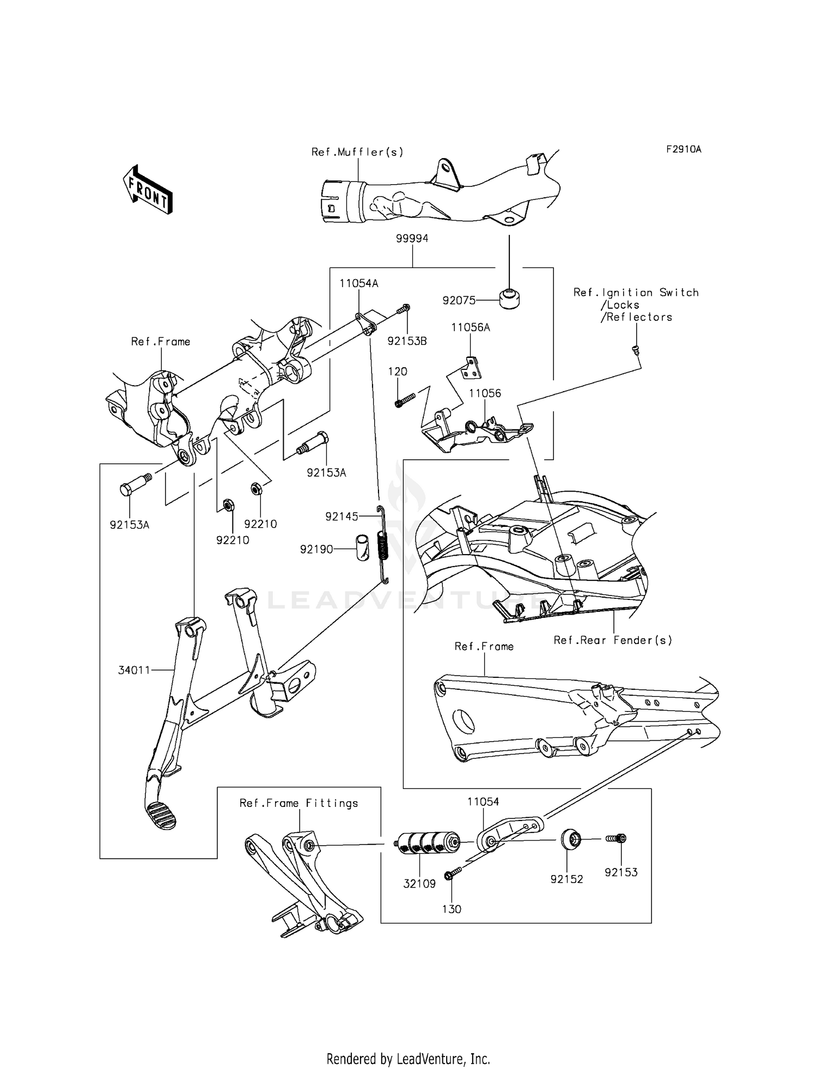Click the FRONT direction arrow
click(148, 189)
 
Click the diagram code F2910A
click(683, 149)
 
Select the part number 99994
click(412, 239)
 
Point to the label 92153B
click(407, 342)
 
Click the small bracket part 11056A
click(472, 368)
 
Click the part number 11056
click(485, 393)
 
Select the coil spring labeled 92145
click(383, 545)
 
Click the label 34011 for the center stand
click(134, 670)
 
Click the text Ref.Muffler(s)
click(357, 152)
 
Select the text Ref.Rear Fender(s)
click(613, 640)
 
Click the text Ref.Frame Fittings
click(298, 803)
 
